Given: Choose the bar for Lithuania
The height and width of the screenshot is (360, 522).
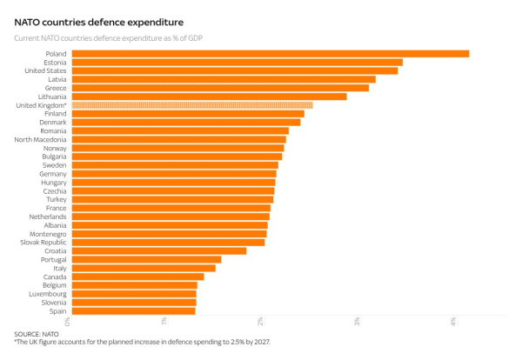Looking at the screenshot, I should pos(209,97).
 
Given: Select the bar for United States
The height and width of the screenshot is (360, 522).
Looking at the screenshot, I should pos(234,71).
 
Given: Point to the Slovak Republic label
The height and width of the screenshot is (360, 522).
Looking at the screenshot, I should pos(43,242).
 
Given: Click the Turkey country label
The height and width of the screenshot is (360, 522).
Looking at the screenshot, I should pos(56,199).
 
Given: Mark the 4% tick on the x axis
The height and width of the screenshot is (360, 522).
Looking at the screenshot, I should pos(453,323).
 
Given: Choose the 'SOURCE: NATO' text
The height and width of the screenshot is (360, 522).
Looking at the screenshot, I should pos(37,334).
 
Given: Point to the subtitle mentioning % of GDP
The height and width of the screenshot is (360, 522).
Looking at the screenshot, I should pos(113,38).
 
